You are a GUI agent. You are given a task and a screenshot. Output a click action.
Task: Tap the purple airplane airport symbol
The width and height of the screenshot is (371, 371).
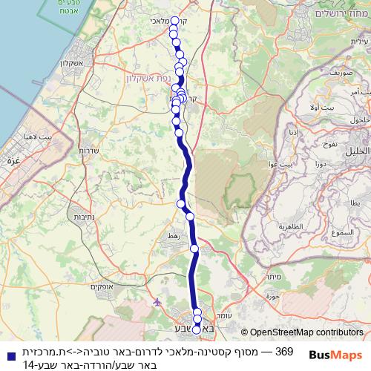157,302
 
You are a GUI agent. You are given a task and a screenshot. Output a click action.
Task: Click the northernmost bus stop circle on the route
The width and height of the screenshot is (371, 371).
174,21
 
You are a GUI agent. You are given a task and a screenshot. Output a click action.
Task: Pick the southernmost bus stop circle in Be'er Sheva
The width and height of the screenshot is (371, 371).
197,329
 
